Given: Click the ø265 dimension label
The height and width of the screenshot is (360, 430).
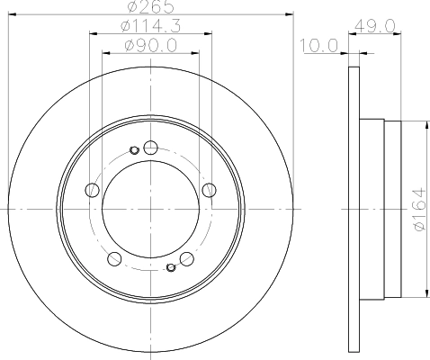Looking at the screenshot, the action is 150,6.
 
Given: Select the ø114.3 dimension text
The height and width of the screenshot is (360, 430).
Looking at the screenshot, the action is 150,26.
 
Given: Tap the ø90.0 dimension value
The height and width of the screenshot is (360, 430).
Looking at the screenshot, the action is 151,46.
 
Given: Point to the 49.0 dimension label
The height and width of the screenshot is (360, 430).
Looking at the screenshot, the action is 374,26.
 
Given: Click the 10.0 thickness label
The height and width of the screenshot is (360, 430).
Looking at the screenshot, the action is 319,46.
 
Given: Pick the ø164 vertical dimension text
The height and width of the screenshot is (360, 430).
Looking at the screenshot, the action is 419,209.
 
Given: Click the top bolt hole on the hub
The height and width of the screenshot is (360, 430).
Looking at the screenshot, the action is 150,148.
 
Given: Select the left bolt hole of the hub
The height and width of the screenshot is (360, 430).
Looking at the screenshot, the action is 93,190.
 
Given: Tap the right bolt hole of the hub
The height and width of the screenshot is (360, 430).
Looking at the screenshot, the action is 209,190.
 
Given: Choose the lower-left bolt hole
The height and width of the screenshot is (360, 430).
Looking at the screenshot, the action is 114,259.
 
